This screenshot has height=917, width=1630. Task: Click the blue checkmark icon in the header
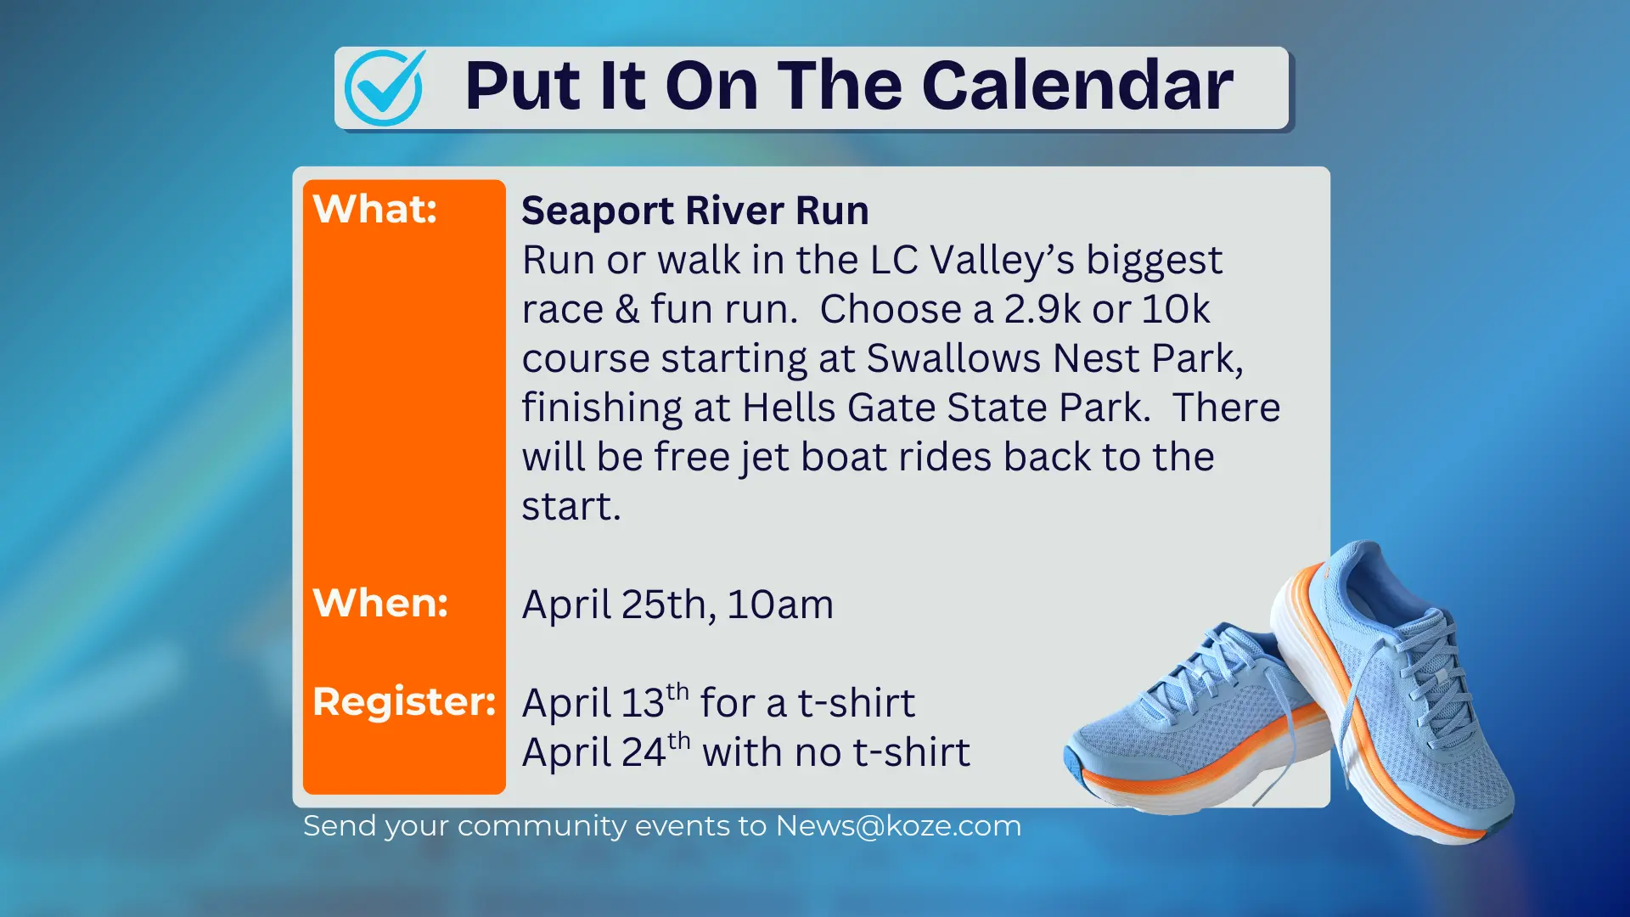pos(384,87)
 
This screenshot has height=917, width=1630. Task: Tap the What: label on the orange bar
pos(374,209)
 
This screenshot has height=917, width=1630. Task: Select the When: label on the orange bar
pos(379,603)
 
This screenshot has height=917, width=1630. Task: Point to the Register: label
pos(403,701)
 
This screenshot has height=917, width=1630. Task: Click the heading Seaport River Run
pos(694,211)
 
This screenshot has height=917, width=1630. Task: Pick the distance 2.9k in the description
pos(1042,309)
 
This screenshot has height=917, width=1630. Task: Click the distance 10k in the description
pos(1175,309)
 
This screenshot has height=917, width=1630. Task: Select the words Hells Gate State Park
pos(946,408)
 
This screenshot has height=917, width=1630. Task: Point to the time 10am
pos(779,605)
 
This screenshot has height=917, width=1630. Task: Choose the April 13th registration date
pos(604,701)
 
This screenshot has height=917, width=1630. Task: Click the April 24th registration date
pos(605,751)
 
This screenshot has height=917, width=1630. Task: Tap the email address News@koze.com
pos(898,825)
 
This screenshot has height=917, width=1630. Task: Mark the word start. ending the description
pos(570,507)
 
